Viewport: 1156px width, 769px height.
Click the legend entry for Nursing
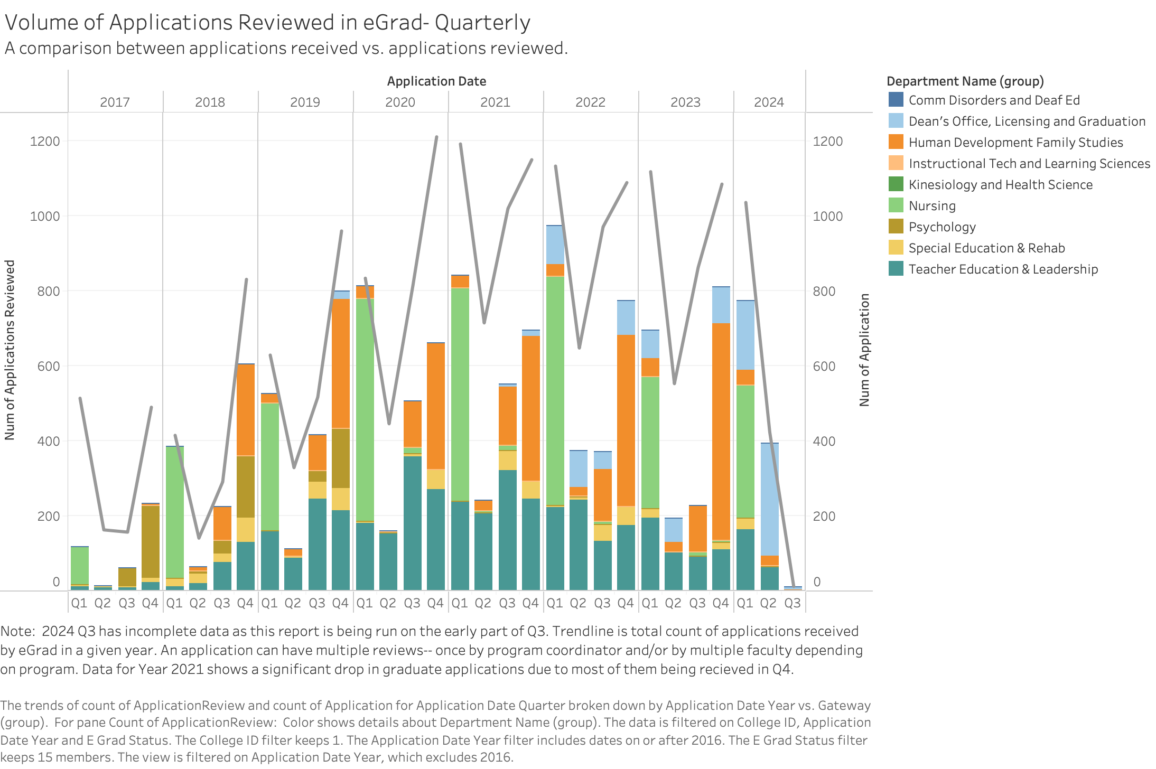(932, 206)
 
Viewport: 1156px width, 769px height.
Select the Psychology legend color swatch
(896, 227)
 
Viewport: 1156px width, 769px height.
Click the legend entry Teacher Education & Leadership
(1003, 269)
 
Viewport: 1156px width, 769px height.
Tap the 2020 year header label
(400, 102)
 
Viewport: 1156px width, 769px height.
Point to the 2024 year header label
(769, 102)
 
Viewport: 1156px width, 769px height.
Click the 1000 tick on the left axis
(45, 217)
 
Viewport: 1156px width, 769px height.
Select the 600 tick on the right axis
(827, 367)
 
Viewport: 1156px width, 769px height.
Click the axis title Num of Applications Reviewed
(10, 350)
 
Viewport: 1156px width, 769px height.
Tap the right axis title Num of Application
(864, 350)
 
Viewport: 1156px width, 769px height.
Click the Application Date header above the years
(436, 81)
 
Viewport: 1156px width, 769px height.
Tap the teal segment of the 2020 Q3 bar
(413, 523)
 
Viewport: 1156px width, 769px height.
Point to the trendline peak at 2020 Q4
(436, 137)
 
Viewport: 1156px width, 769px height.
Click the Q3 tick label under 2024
(793, 603)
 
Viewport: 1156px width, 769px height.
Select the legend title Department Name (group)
(965, 81)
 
